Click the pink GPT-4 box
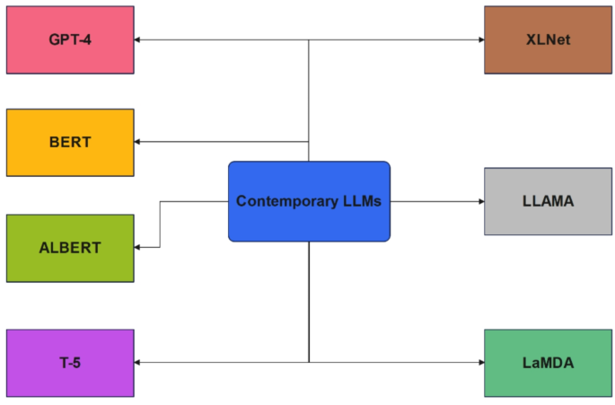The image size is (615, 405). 70,40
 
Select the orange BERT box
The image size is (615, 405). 70,142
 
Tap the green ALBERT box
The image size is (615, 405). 70,248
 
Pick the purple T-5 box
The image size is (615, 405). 70,363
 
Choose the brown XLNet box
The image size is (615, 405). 548,40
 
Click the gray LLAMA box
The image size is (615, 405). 548,201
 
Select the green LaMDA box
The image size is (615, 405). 548,363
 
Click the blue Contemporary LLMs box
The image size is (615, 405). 309,201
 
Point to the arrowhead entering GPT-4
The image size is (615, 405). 139,40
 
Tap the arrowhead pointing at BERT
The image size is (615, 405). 139,142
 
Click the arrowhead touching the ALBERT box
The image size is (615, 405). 139,247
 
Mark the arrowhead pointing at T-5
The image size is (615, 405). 139,362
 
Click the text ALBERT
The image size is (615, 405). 70,248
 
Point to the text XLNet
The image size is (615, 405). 548,40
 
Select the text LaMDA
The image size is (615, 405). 548,363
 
